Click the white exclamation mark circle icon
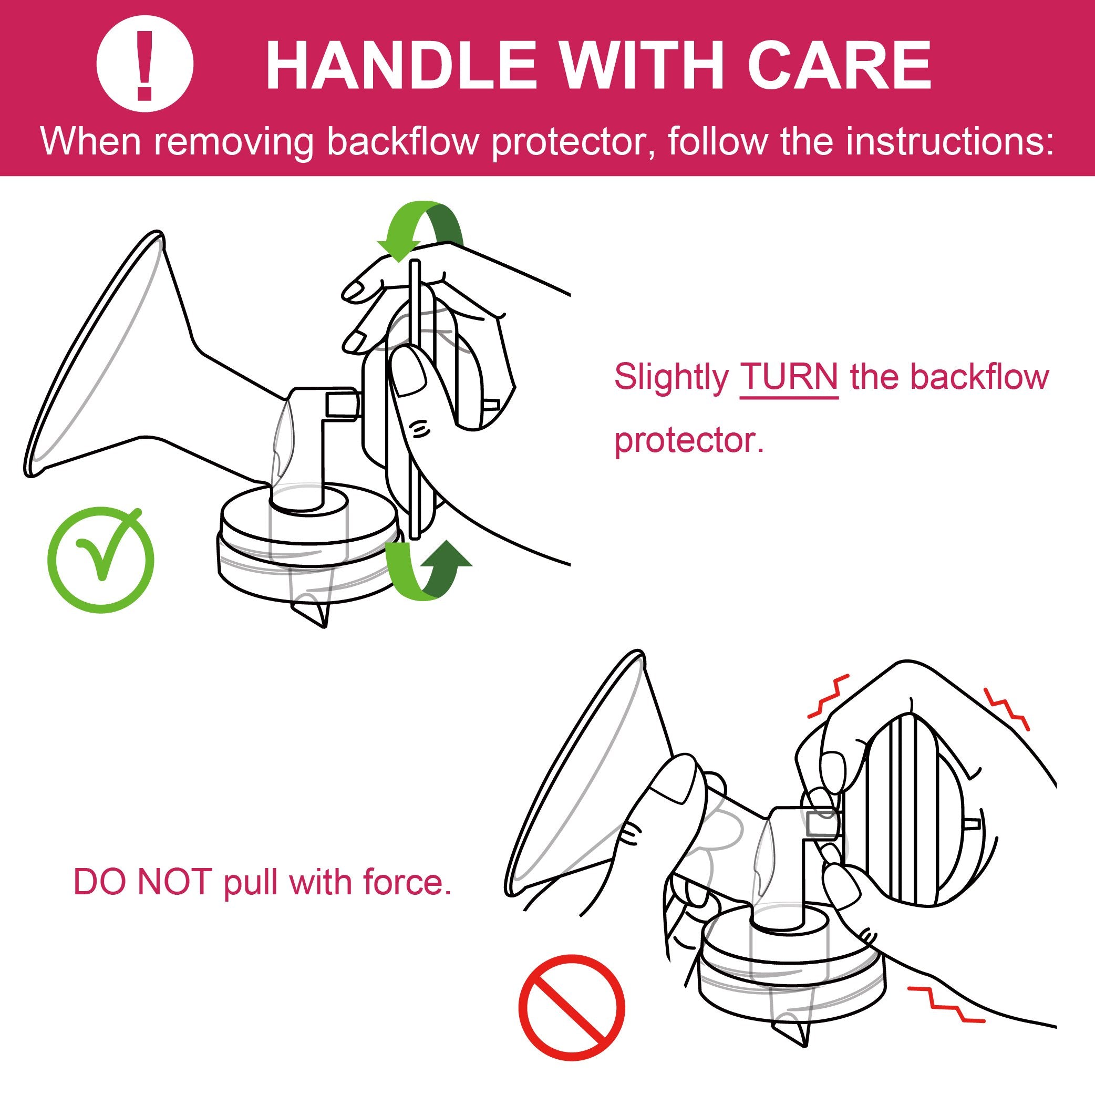pyautogui.click(x=145, y=65)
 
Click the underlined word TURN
pyautogui.click(x=789, y=376)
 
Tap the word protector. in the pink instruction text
pyautogui.click(x=689, y=440)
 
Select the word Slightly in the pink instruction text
pyautogui.click(x=671, y=376)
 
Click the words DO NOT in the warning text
pyautogui.click(x=143, y=882)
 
